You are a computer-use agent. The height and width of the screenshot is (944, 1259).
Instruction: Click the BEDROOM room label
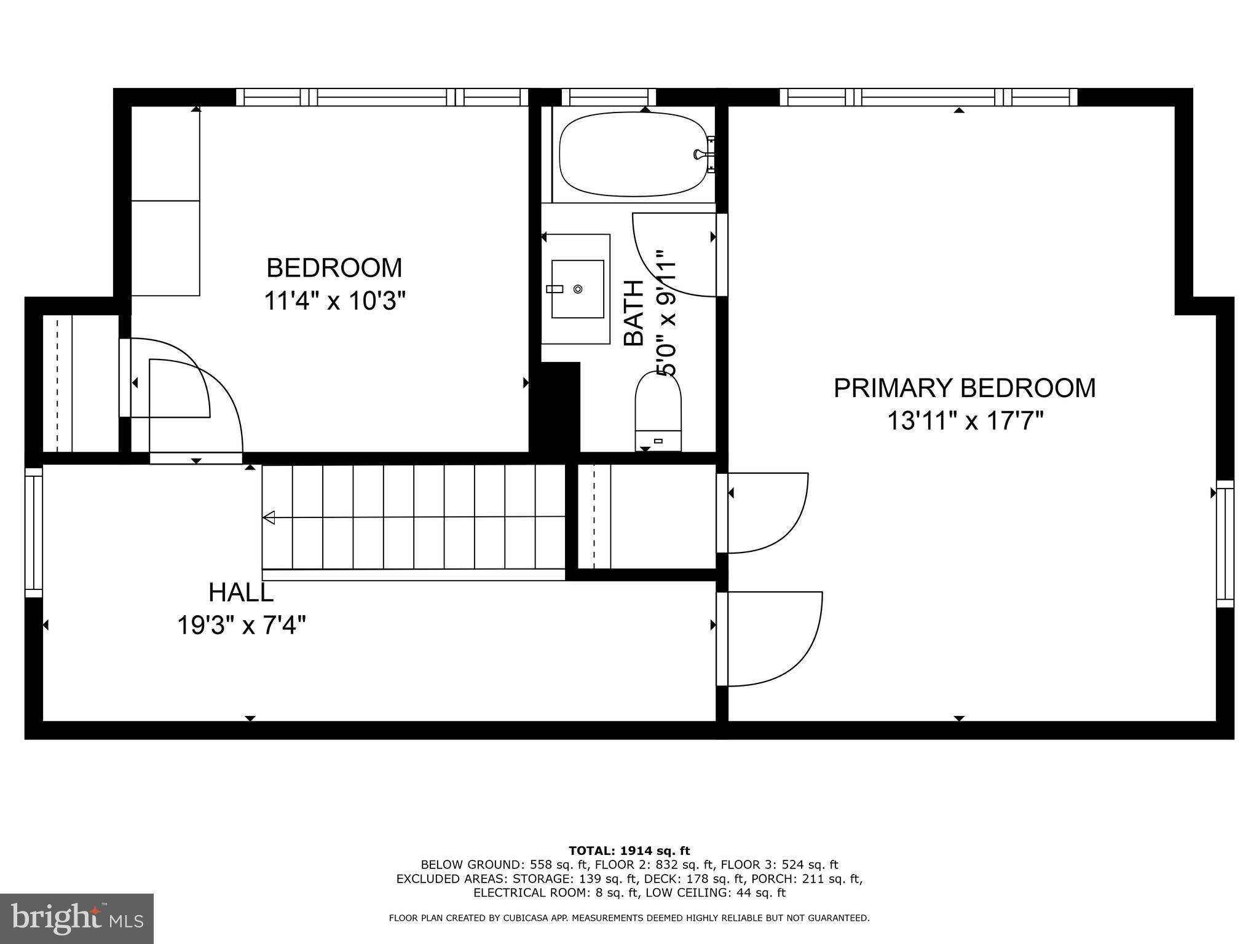tap(334, 268)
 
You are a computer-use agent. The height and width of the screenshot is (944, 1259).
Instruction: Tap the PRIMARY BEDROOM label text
tap(964, 388)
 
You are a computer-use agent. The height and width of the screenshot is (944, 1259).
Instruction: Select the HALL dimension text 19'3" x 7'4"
tap(242, 626)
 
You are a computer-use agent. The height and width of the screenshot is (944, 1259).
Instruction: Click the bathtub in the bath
tap(633, 154)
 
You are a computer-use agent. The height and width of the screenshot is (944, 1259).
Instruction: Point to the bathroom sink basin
tap(577, 289)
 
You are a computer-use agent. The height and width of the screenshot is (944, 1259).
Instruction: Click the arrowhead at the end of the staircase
tap(269, 517)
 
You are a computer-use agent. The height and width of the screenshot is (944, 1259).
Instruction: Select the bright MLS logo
tap(77, 919)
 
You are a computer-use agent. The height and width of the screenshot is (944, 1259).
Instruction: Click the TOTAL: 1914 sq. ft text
tap(629, 851)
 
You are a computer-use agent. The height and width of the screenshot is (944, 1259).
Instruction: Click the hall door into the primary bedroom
tap(772, 639)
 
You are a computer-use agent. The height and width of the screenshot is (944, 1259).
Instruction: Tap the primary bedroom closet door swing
tap(765, 513)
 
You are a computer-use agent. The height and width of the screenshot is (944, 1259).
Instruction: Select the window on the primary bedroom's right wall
tap(1225, 544)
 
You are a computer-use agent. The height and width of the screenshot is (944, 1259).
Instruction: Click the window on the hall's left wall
tap(34, 532)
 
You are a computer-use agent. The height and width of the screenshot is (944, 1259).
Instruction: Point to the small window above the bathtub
tap(609, 97)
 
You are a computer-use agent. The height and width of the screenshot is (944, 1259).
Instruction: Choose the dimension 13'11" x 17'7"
tap(965, 422)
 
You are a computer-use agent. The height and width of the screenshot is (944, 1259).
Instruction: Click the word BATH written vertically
tap(634, 313)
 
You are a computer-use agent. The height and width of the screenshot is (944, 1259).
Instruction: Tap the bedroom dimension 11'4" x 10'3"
tap(335, 302)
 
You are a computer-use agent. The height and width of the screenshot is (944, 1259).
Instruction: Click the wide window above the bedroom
tap(382, 97)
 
